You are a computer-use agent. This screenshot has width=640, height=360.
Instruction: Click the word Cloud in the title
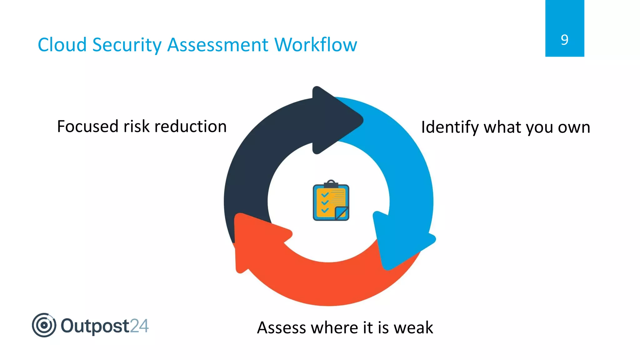62,45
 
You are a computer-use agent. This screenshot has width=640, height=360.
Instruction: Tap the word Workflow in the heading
316,45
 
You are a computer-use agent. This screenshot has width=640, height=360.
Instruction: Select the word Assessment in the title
218,45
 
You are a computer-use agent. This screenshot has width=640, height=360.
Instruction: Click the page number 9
564,40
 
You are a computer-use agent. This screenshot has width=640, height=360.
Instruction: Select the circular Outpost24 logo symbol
44,325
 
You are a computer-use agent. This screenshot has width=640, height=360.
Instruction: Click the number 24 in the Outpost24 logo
139,326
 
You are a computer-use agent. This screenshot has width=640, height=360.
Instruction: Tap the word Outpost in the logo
95,326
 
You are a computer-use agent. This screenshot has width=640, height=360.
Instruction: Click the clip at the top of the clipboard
331,184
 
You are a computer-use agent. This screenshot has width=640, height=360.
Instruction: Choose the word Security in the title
127,45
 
